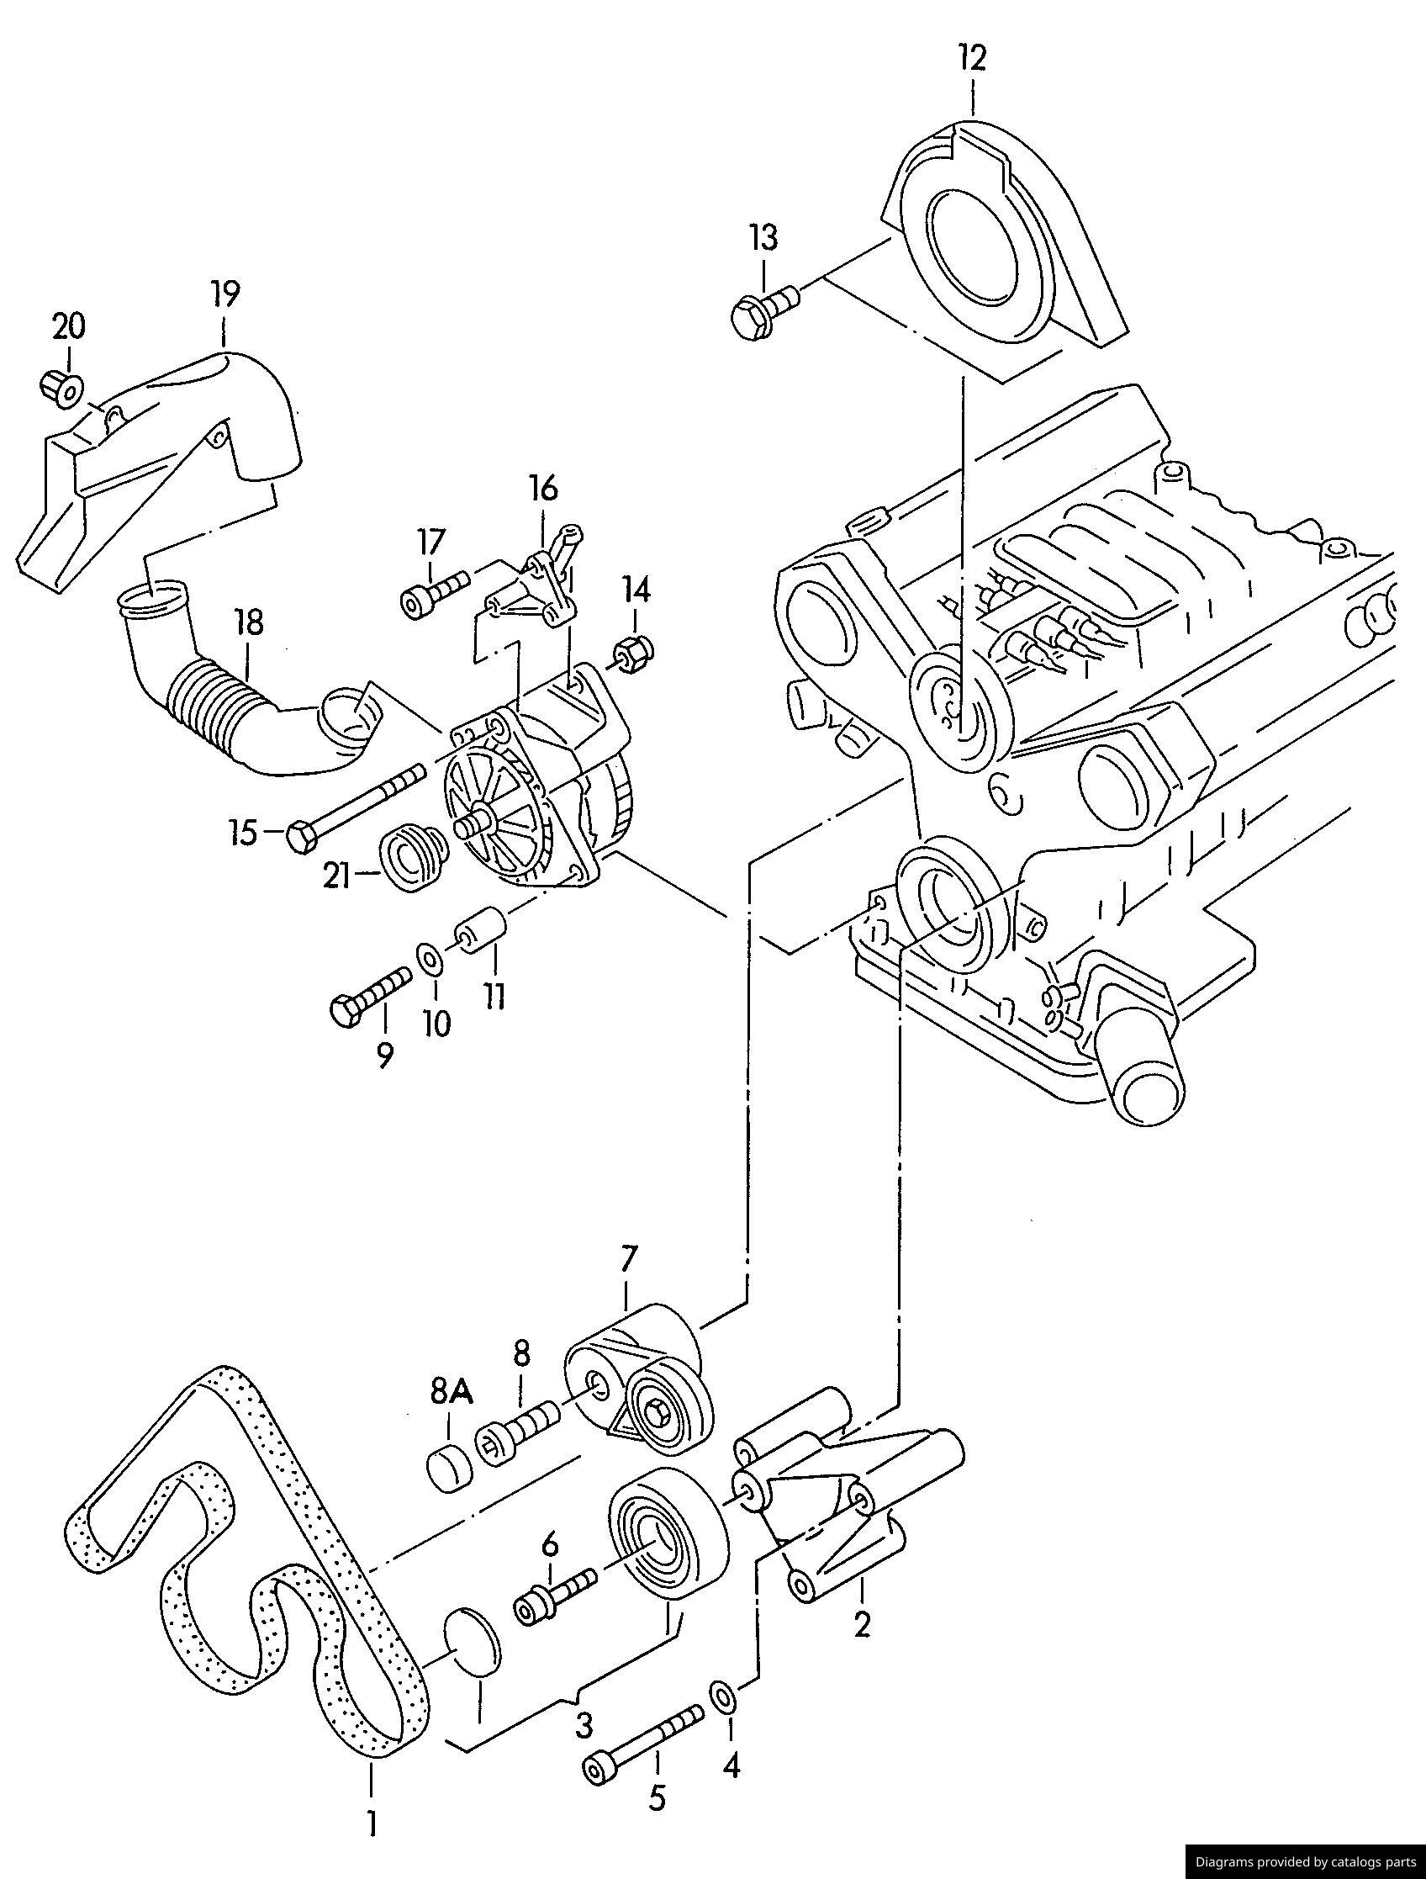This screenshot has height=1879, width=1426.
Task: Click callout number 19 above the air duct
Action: [225, 293]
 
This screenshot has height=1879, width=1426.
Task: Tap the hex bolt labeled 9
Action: [368, 998]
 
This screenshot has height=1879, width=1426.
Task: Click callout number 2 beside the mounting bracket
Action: [861, 1623]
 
